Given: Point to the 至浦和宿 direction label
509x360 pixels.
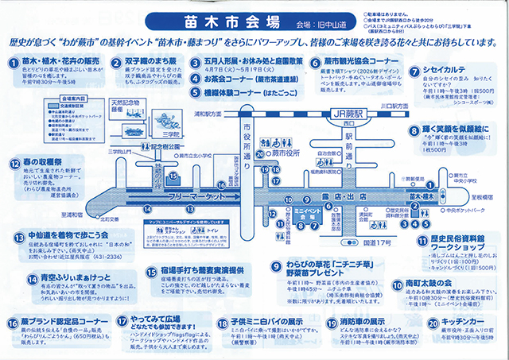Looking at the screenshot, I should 72,215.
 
